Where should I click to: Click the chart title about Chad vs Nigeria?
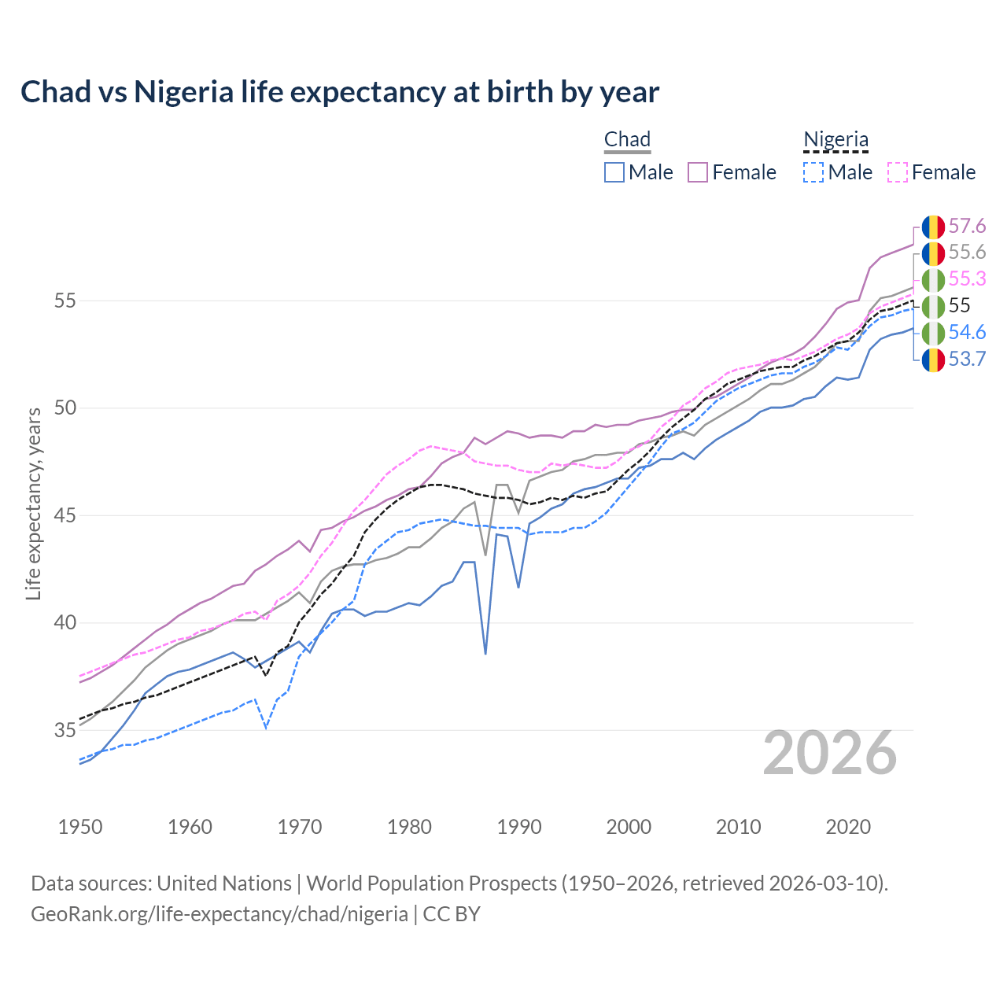click(x=339, y=92)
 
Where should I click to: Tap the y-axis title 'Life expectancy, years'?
click(x=33, y=503)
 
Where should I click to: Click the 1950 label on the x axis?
click(x=80, y=827)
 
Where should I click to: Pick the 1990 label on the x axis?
click(x=519, y=827)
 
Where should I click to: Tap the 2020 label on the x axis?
click(x=848, y=827)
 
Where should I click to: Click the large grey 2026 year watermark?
click(x=829, y=754)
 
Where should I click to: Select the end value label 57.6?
click(x=967, y=227)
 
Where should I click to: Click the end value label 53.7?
click(x=967, y=360)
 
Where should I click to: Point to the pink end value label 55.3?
click(x=967, y=279)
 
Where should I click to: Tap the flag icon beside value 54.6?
click(x=933, y=333)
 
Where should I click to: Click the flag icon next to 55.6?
click(x=933, y=253)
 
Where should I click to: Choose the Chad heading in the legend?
click(x=627, y=140)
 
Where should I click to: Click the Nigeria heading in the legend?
click(x=835, y=140)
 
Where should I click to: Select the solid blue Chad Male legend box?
click(x=614, y=172)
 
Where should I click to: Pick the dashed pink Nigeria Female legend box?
click(x=898, y=172)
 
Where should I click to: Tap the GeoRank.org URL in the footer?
click(x=219, y=914)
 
